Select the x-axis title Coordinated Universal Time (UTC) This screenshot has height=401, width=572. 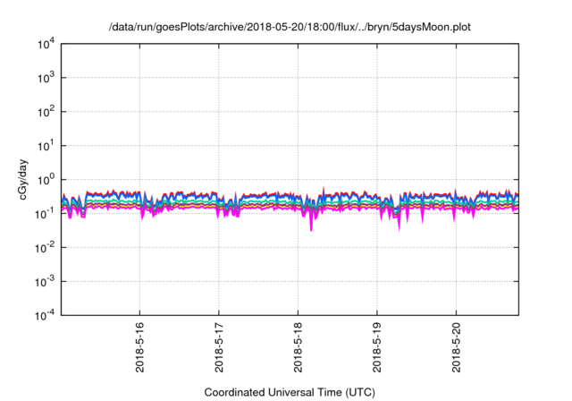290,392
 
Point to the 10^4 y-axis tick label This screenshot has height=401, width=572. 46,44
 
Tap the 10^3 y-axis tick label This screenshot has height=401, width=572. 46,78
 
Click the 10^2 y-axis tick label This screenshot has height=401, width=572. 46,112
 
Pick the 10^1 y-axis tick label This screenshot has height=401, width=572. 46,145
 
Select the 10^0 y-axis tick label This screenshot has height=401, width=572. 46,179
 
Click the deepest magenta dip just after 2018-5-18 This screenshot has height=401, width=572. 311,229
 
